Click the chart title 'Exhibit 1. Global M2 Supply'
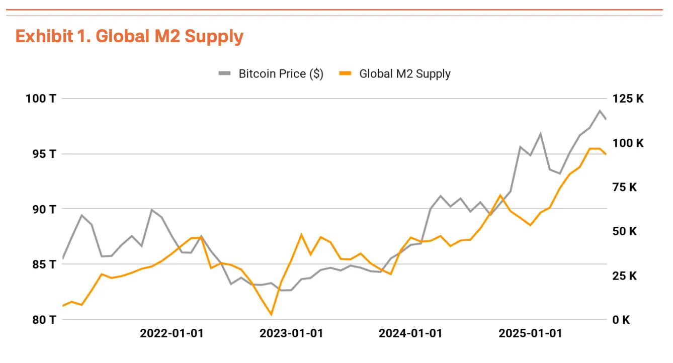tap(129, 37)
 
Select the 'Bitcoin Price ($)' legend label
tap(281, 74)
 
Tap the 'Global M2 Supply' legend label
tap(404, 74)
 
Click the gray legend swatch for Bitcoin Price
tap(224, 74)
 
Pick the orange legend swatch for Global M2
tap(345, 74)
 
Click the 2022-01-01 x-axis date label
tap(172, 333)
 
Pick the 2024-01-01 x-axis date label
tap(410, 333)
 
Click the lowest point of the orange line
tap(272, 315)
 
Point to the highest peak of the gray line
tap(600, 111)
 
